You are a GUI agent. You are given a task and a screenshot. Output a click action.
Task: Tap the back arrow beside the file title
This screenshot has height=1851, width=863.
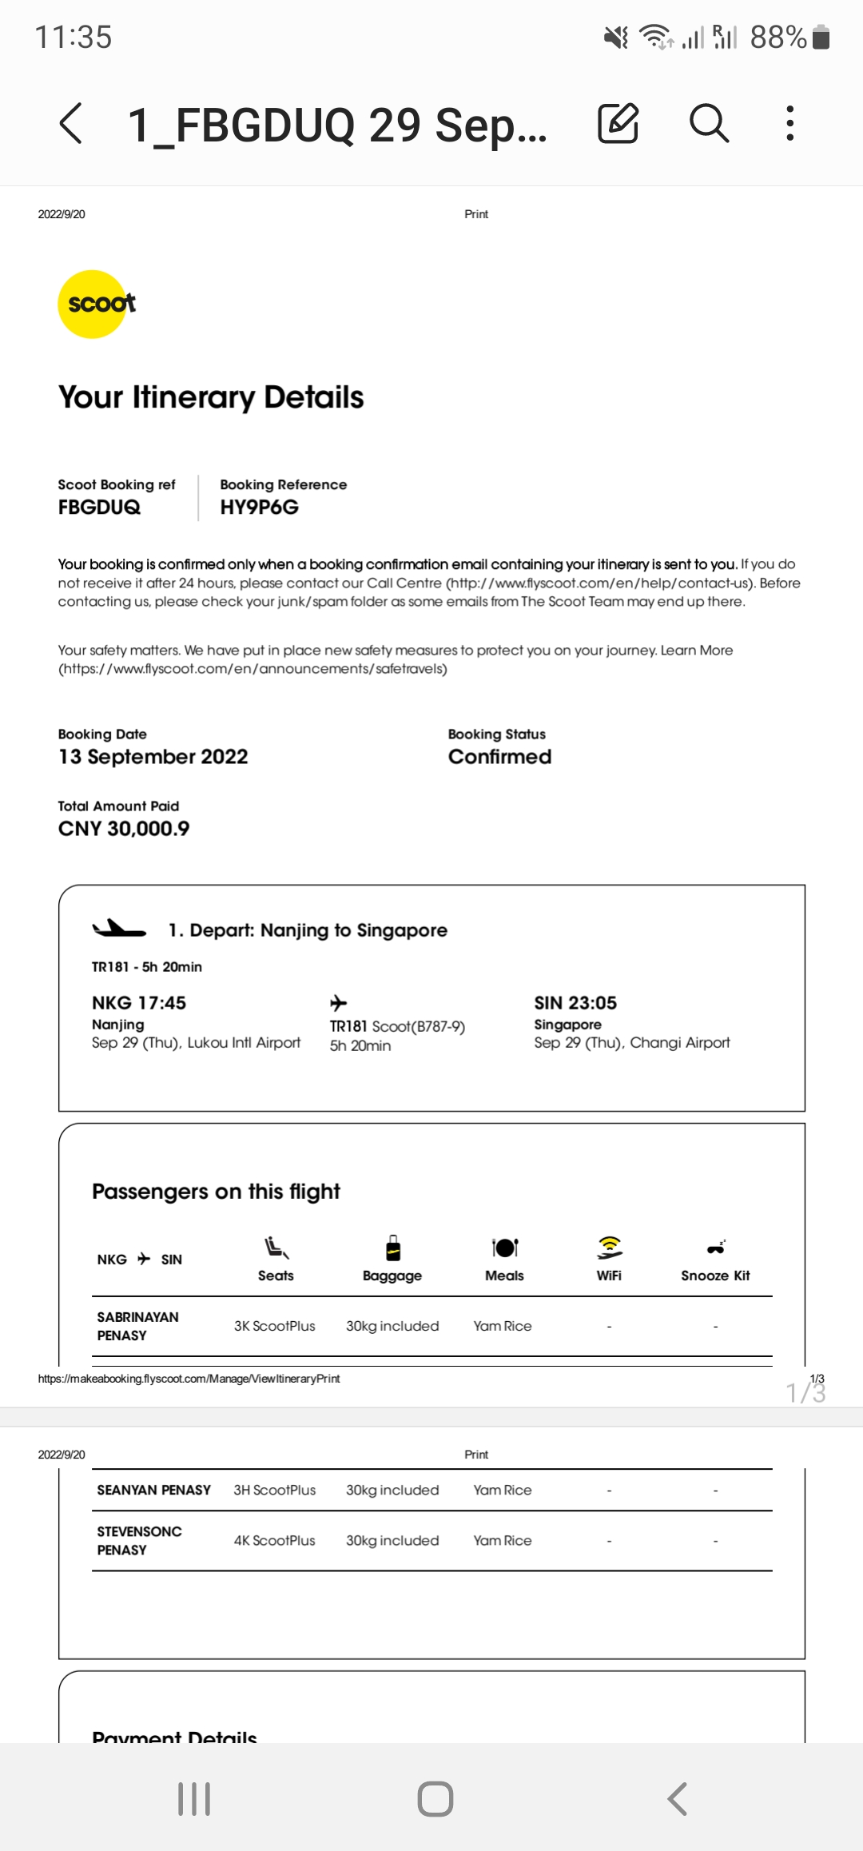(71, 123)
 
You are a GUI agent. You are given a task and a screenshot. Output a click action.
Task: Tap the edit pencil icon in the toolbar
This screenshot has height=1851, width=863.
(618, 123)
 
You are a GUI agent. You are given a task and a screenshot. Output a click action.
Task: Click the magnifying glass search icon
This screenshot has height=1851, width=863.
(709, 123)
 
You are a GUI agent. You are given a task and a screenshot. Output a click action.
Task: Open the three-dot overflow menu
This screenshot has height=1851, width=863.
(789, 123)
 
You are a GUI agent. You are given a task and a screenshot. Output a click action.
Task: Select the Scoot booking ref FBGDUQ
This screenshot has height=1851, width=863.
(99, 508)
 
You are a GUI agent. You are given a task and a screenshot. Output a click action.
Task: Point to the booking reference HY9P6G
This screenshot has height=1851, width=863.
(259, 508)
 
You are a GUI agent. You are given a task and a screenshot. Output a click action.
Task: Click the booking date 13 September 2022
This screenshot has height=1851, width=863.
(153, 757)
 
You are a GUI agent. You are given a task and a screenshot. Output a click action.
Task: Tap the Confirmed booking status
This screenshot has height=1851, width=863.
(499, 757)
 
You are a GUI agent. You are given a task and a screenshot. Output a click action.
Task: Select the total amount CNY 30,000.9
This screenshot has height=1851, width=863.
(124, 829)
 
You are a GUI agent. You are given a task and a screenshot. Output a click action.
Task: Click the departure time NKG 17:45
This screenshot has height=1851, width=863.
(139, 1003)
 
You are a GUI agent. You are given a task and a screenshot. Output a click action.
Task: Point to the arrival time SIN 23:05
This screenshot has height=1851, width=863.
(575, 1003)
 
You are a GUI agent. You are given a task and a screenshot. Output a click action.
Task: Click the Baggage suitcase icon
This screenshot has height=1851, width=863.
(392, 1248)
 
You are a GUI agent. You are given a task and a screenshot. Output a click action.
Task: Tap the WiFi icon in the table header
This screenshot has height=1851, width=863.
(609, 1248)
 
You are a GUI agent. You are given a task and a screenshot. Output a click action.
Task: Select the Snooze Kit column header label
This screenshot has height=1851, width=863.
(715, 1276)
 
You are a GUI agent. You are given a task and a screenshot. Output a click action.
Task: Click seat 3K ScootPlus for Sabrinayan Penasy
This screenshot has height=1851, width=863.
(274, 1326)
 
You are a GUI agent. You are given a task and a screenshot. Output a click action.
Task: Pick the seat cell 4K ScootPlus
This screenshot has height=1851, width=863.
(274, 1540)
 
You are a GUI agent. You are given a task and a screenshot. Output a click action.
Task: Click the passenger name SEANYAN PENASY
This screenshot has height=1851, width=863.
(154, 1490)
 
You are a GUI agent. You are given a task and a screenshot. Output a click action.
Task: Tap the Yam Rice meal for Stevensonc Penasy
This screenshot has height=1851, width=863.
(502, 1540)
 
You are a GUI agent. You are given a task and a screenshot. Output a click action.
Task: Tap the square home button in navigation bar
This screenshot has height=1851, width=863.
(435, 1799)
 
